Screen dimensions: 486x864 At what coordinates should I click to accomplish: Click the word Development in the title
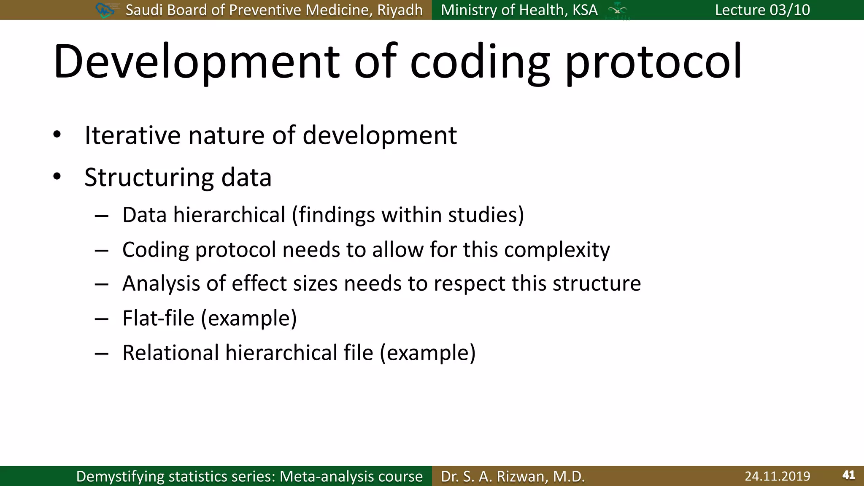coord(196,62)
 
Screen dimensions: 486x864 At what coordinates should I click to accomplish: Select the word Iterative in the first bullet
coord(133,135)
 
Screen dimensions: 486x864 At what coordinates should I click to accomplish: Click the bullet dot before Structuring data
coord(57,177)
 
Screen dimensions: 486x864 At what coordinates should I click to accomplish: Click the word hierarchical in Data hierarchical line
coord(229,215)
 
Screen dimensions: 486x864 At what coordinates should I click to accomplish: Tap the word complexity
coord(557,250)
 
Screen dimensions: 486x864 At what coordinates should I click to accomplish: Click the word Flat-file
coord(158,318)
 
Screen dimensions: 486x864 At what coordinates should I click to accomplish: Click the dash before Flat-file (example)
coord(102,319)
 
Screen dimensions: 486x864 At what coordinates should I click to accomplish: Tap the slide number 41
coord(848,475)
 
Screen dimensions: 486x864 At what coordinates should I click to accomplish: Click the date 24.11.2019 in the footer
coord(777,476)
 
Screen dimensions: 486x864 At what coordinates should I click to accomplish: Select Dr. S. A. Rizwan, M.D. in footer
coord(513,476)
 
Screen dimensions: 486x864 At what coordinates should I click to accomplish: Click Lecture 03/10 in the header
coord(762,10)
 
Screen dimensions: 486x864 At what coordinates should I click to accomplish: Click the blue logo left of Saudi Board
coord(105,10)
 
